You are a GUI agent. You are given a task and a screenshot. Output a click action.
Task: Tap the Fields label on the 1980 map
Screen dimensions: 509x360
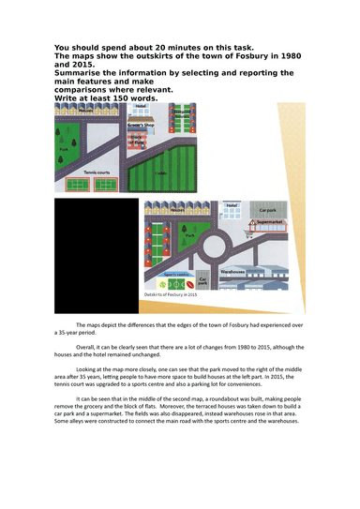(x=160, y=173)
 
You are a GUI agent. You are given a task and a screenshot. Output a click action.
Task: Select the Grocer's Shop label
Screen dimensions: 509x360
(x=142, y=123)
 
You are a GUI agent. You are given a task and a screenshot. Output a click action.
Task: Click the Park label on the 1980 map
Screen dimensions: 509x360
(x=63, y=149)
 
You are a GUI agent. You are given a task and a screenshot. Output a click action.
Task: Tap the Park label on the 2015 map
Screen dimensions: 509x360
(x=190, y=237)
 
